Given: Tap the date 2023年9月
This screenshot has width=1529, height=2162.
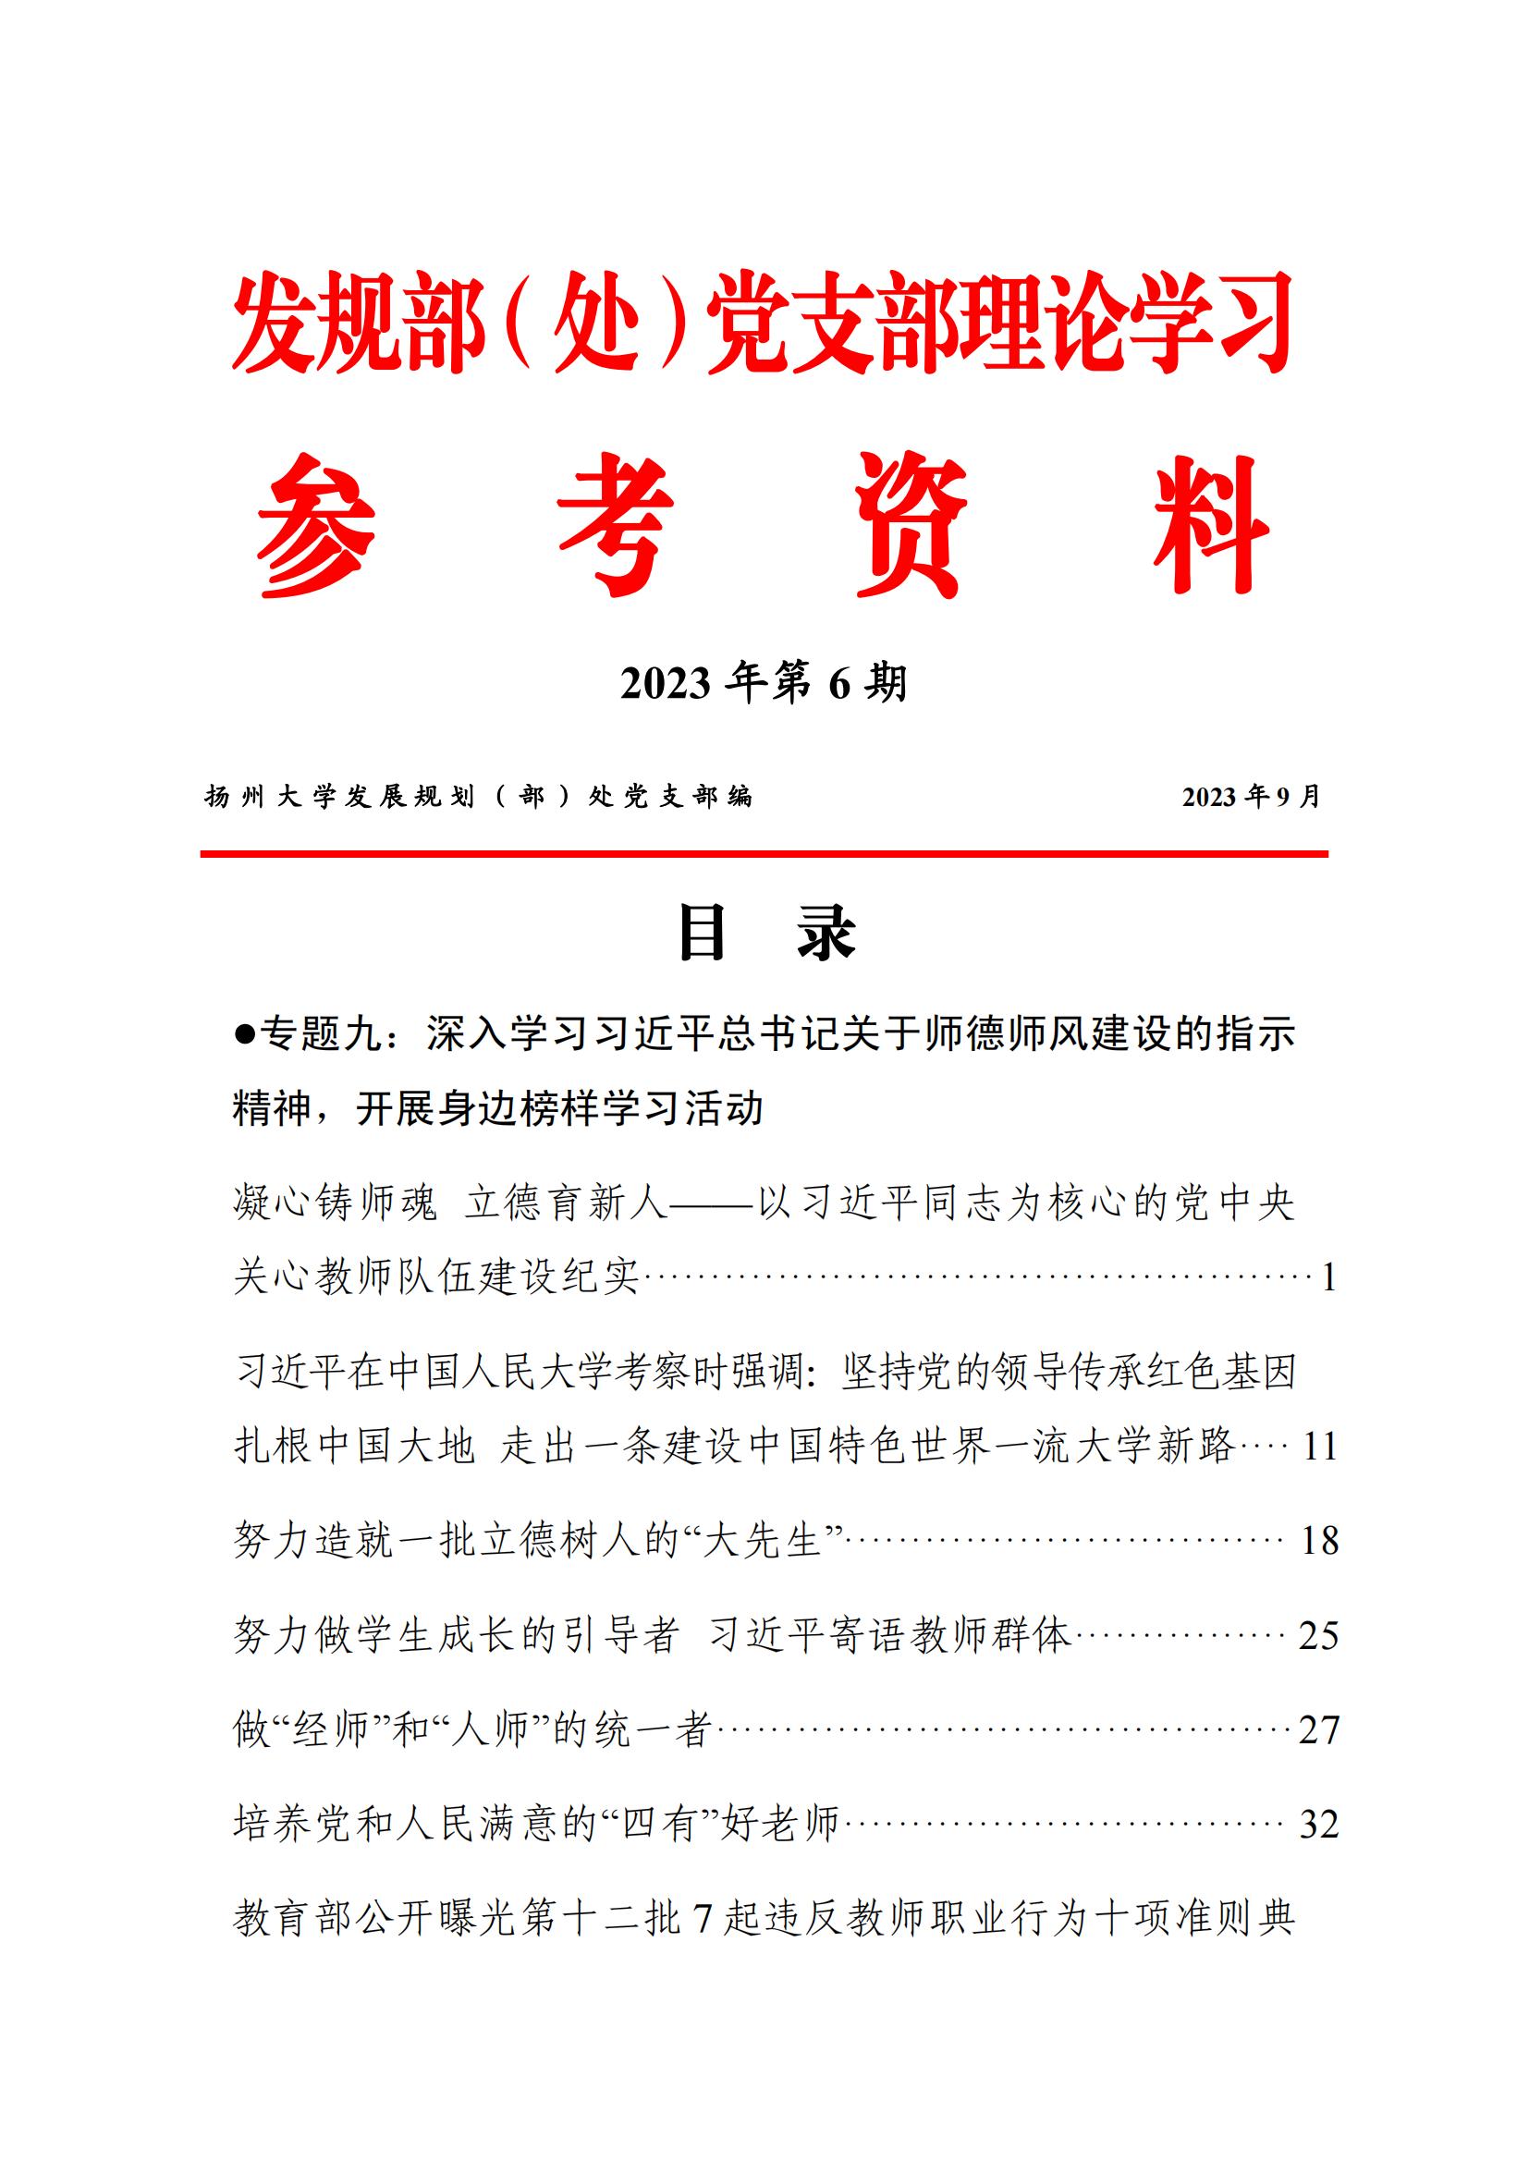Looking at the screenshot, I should click(1252, 797).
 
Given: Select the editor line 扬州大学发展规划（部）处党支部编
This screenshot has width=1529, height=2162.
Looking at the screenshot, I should click(479, 798).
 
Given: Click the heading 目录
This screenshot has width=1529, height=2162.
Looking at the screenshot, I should click(765, 934).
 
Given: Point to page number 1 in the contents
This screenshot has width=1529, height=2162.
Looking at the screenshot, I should click(1328, 1277).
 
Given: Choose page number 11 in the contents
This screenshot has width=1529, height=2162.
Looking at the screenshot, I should click(1320, 1447).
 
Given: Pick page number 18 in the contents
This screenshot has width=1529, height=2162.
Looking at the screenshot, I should click(1319, 1541).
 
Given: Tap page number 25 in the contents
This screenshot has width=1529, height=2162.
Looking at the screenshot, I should click(1318, 1636).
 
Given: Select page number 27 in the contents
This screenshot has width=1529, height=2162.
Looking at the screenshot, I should click(1318, 1729).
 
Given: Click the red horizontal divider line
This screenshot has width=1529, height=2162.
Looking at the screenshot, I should click(764, 854).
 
